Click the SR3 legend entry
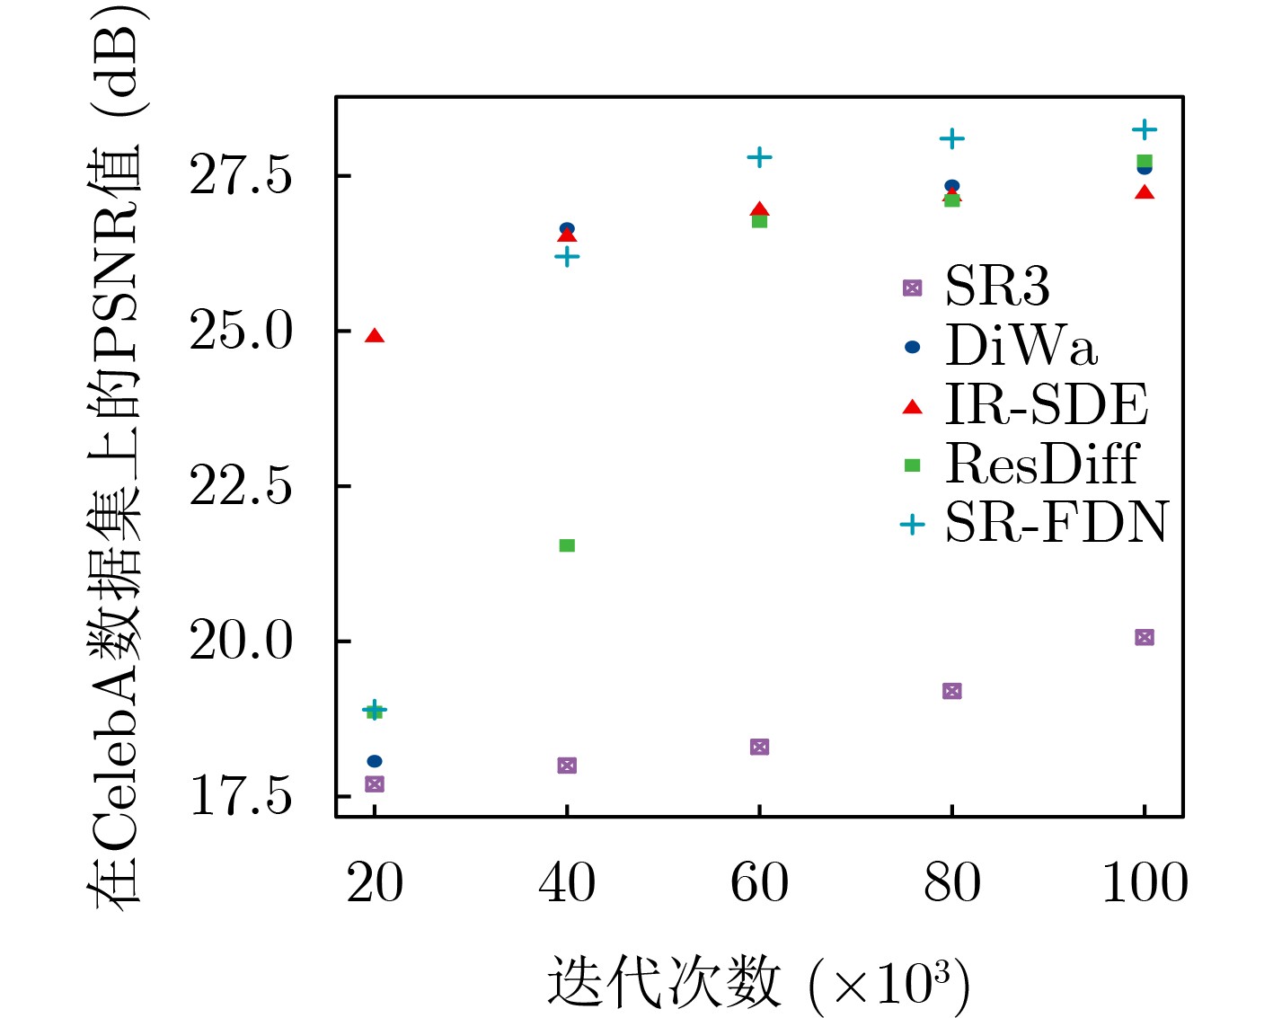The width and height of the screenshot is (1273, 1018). point(997,288)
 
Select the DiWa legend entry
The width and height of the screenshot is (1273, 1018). point(1021,346)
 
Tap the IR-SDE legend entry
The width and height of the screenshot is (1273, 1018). point(1046,405)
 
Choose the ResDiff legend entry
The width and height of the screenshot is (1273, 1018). point(1041,464)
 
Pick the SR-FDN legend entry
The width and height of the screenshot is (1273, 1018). point(1056,523)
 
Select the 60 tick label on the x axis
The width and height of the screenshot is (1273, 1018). point(759,883)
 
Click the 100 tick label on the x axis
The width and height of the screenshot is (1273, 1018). point(1145,883)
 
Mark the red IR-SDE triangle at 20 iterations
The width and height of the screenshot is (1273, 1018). point(375,336)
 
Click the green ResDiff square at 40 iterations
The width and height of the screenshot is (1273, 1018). point(567,545)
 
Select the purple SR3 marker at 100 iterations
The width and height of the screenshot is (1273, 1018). point(1144,637)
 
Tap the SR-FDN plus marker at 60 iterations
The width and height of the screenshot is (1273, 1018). point(759,157)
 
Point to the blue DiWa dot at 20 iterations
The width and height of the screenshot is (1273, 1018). point(375,761)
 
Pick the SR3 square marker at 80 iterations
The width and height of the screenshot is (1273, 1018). point(952,691)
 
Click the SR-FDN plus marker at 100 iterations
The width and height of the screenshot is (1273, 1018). point(1144,130)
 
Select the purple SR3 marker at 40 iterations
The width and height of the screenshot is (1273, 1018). point(567,766)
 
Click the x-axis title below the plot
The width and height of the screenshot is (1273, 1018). point(758,982)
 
